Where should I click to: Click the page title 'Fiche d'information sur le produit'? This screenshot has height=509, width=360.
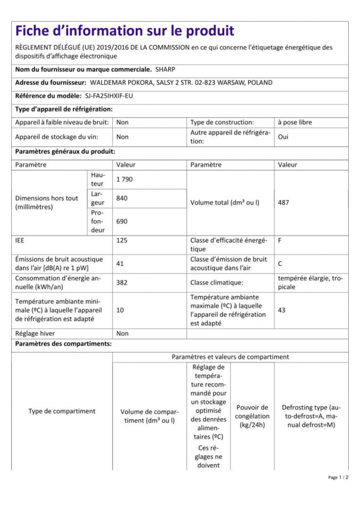[x=124, y=31]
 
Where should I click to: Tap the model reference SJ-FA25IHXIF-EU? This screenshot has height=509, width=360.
[x=109, y=96]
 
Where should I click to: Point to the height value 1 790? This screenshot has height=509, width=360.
[x=124, y=179]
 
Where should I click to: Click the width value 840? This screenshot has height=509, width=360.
[x=122, y=198]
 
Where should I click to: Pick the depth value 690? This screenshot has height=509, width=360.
[x=122, y=221]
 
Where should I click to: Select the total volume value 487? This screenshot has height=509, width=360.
[x=283, y=203]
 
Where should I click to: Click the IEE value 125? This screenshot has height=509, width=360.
[x=122, y=240]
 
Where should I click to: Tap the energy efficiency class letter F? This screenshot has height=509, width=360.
[x=280, y=240]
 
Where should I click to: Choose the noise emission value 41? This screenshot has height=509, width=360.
[x=120, y=263]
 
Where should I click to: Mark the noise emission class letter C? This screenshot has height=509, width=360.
[x=280, y=263]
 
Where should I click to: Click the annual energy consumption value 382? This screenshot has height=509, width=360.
[x=122, y=282]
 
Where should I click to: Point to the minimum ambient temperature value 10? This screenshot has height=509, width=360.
[x=120, y=310]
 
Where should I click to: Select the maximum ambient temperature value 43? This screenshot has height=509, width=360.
[x=281, y=310]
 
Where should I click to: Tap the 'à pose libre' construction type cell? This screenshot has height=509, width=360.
[x=294, y=122]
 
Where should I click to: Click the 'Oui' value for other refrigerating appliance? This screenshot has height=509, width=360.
[x=283, y=137]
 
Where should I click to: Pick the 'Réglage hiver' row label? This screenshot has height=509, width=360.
[x=35, y=333]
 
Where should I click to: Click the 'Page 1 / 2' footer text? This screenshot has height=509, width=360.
[x=338, y=478]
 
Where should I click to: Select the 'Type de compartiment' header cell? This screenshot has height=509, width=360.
[x=62, y=411]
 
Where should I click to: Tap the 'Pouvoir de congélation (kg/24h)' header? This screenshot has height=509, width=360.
[x=252, y=416]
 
